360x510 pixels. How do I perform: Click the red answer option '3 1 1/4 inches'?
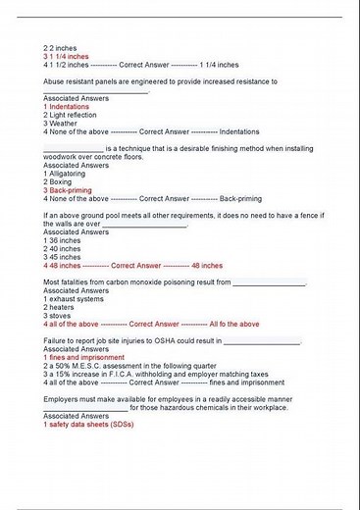click(x=67, y=56)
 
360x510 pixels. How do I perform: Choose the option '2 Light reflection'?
click(x=75, y=115)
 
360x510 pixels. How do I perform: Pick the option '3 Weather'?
click(x=62, y=124)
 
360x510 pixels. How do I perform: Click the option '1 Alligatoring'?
click(x=70, y=173)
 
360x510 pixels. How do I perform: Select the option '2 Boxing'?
click(x=61, y=181)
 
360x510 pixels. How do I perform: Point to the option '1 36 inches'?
click(x=63, y=239)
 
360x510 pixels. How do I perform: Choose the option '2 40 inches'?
click(x=63, y=248)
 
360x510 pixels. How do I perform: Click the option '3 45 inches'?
click(x=63, y=257)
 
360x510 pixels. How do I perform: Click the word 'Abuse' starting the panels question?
click(x=55, y=81)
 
